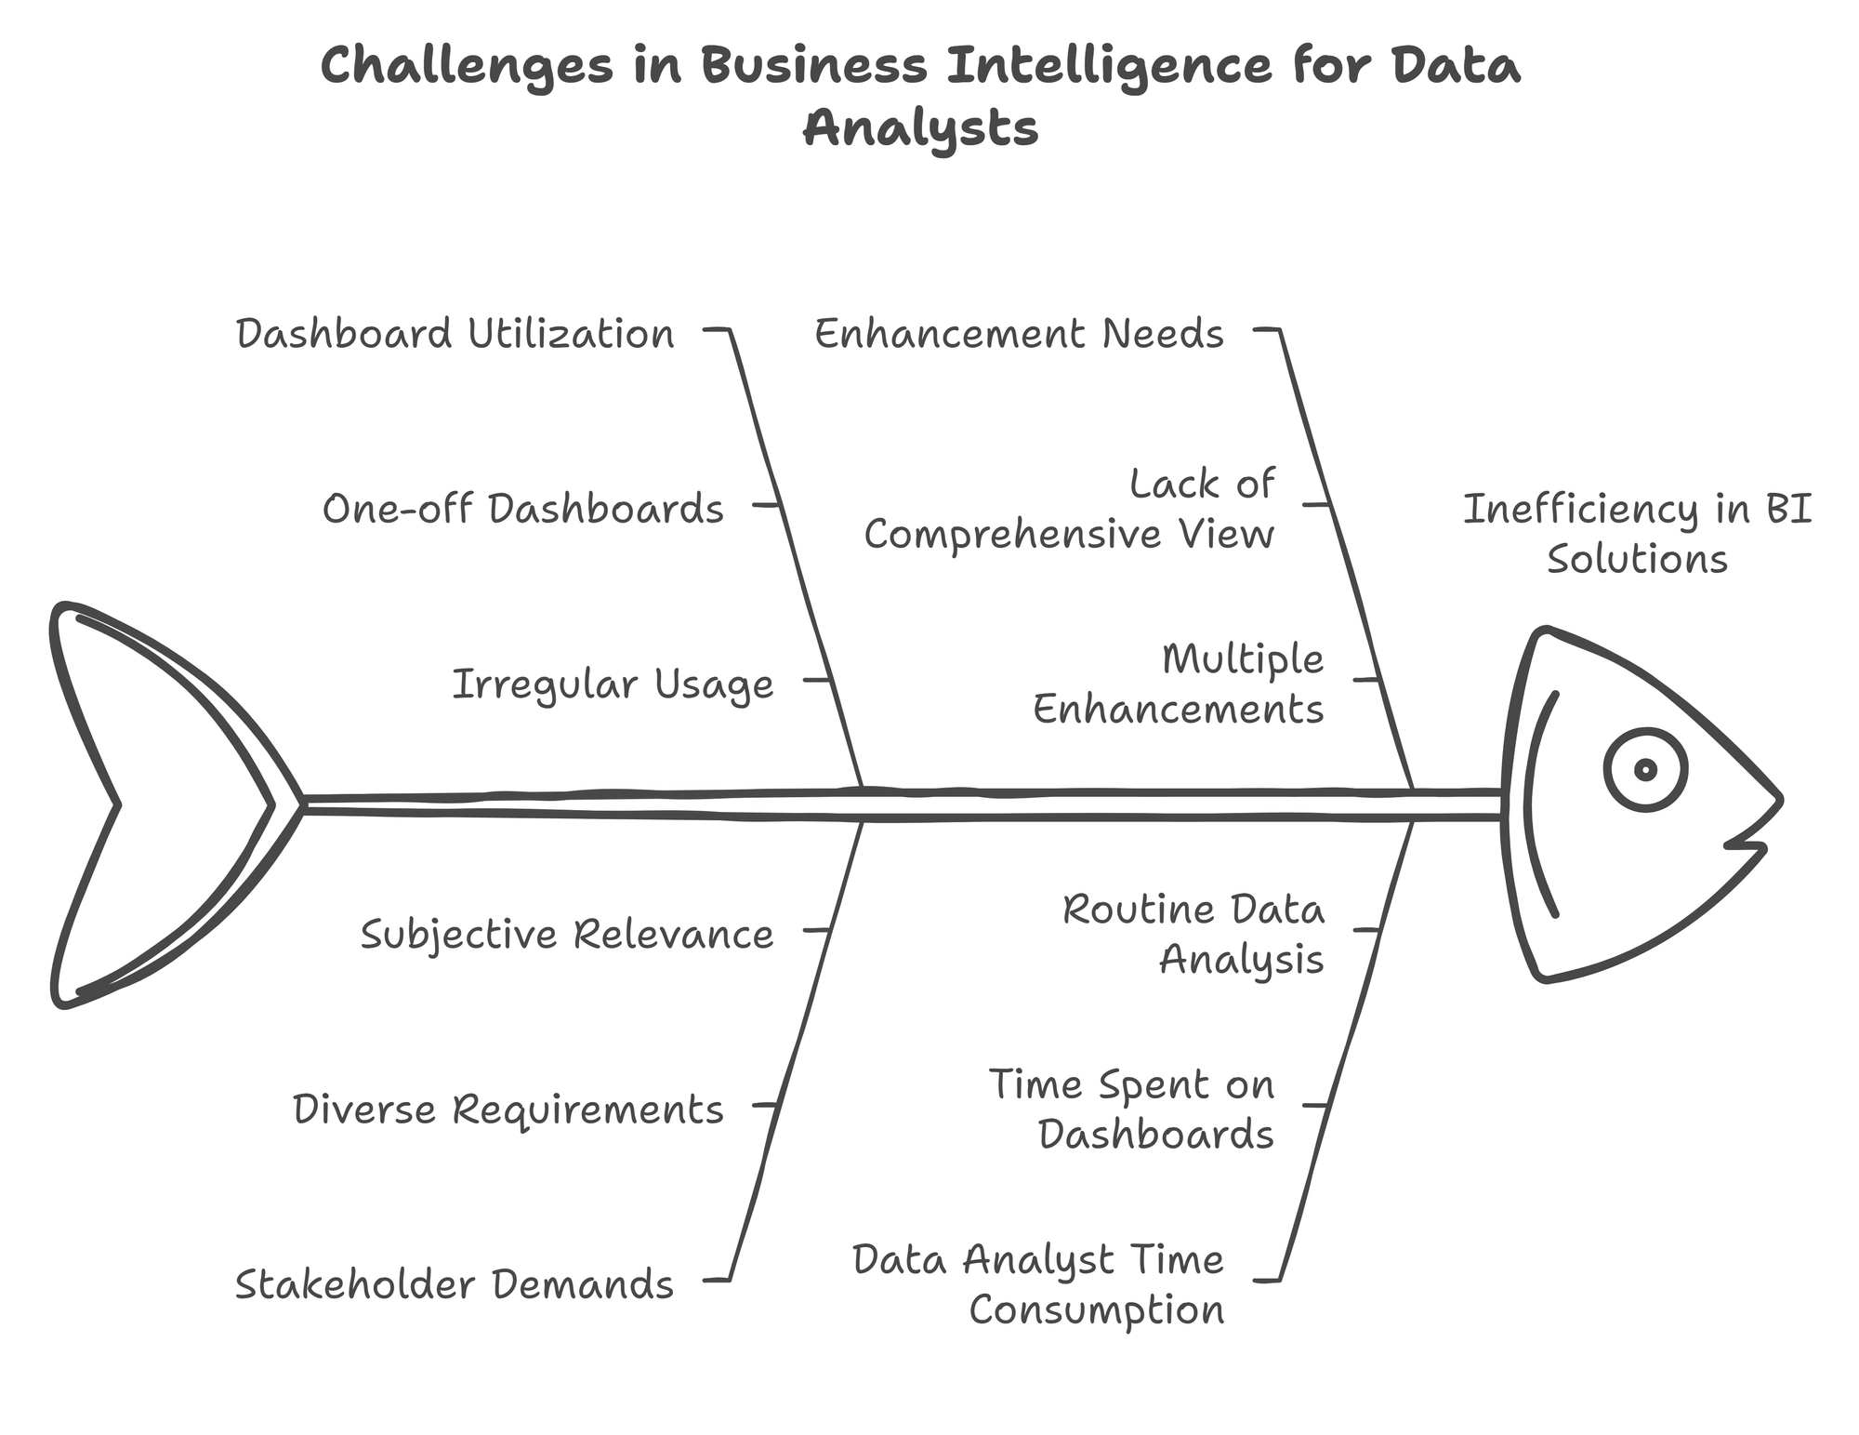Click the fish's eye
[1645, 769]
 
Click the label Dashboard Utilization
[455, 334]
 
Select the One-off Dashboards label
[522, 509]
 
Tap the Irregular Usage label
[613, 684]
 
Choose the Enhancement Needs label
[1020, 334]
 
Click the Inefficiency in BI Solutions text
[1637, 534]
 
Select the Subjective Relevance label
[567, 934]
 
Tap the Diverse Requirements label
[508, 1109]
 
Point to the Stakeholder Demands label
[455, 1284]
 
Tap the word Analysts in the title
[920, 127]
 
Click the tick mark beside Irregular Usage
[817, 680]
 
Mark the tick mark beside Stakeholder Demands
[717, 1281]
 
